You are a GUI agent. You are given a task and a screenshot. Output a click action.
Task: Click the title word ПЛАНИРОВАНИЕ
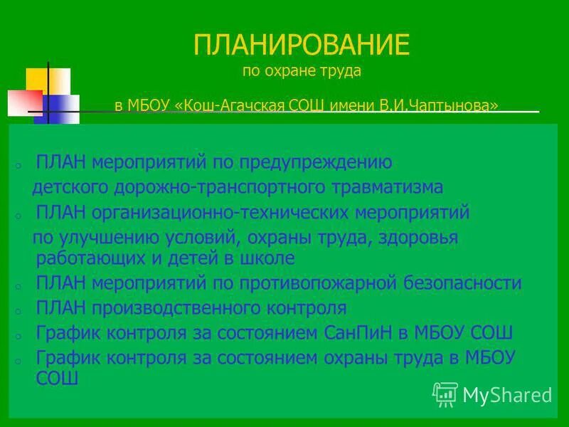click(x=302, y=45)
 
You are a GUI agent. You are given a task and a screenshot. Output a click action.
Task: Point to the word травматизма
click(x=390, y=187)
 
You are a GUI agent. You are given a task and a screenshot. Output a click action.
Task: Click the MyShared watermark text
click(x=506, y=395)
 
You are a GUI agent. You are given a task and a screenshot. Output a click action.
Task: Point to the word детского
click(x=68, y=187)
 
